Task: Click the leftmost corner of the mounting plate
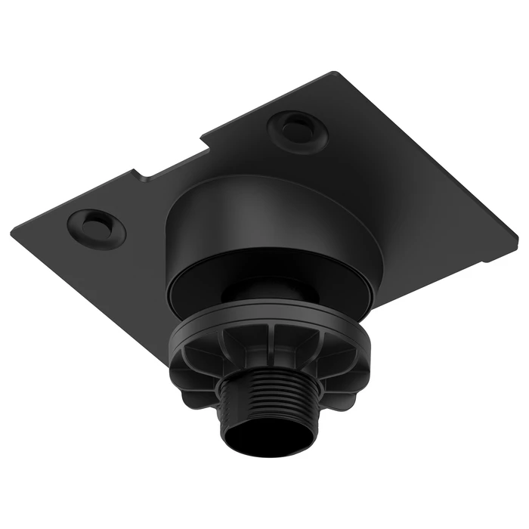click(x=14, y=224)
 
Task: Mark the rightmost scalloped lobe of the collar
click(x=355, y=378)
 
